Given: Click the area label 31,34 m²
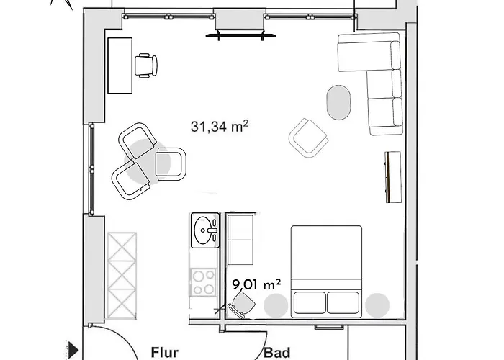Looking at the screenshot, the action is [x=219, y=126].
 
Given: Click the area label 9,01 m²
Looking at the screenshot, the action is [x=256, y=284].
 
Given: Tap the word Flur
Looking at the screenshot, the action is [x=165, y=353].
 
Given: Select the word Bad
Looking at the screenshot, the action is [x=277, y=353].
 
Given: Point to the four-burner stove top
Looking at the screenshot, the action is [x=204, y=282].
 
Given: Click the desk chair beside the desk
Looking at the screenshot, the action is [x=146, y=66].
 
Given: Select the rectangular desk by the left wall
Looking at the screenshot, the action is [x=120, y=66].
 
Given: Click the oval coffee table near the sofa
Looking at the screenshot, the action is [x=339, y=102].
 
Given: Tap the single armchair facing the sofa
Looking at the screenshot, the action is [x=309, y=138].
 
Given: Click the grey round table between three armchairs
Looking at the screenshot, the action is [x=147, y=161].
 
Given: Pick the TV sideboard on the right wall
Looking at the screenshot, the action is [x=393, y=177].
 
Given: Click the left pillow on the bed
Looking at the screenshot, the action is [x=310, y=302].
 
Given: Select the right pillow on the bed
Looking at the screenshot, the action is [x=343, y=302].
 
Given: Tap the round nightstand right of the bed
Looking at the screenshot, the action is [x=377, y=305].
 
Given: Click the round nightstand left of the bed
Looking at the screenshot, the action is [x=276, y=305].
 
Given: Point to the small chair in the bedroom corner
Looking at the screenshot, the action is [x=242, y=304].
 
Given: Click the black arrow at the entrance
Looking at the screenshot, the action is [x=73, y=350].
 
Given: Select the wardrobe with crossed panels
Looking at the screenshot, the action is [x=122, y=276].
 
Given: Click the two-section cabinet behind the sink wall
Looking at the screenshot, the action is [x=240, y=240].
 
